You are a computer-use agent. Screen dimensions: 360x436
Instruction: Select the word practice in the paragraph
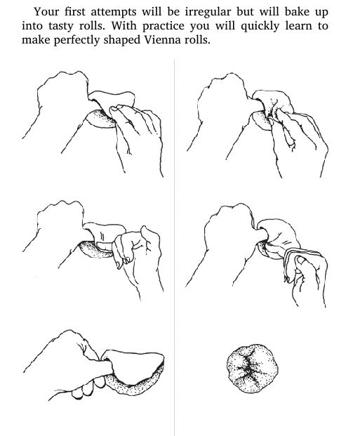[x=164, y=27]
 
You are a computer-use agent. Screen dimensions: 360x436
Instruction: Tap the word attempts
[x=114, y=13]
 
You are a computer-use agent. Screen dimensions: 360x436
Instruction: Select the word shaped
[x=122, y=40]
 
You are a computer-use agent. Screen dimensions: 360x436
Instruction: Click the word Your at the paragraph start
[x=46, y=12]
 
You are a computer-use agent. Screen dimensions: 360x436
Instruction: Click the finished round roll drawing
[x=253, y=369]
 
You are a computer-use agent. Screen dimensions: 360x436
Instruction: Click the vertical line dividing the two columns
[x=175, y=247]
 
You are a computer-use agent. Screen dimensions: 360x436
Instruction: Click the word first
[x=74, y=12]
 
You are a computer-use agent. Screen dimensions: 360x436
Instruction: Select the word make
[x=36, y=40]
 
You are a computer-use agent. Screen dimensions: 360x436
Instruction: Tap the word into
[x=32, y=26]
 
